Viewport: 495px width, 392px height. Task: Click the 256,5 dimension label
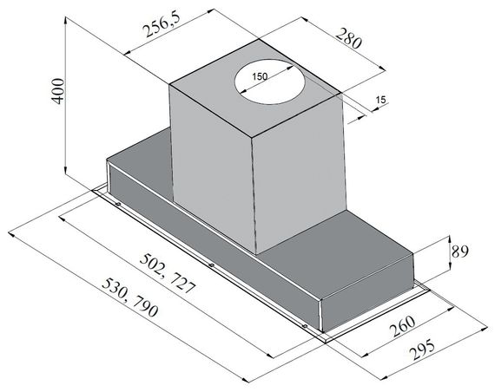(162, 25)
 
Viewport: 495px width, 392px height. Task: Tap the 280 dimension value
(348, 38)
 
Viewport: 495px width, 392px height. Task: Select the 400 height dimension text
(58, 91)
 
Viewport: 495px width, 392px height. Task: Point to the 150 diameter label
(260, 76)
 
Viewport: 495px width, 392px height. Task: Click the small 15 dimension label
(381, 100)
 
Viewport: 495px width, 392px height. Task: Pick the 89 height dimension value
(460, 252)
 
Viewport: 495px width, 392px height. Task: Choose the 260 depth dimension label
(402, 326)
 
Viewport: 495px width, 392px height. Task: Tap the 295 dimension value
(421, 350)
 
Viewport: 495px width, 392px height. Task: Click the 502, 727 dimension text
(168, 273)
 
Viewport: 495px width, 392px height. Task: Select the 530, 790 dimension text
(129, 297)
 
